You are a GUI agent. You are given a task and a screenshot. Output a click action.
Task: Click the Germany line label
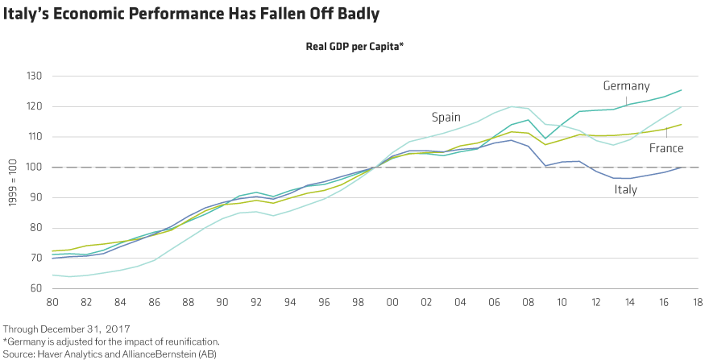(x=626, y=86)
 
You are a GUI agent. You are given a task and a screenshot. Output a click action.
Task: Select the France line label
(x=665, y=148)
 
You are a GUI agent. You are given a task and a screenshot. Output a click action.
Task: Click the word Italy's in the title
(x=27, y=15)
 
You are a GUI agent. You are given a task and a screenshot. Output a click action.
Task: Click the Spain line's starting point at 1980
(x=52, y=275)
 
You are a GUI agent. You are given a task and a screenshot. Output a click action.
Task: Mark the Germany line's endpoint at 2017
(x=682, y=90)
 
